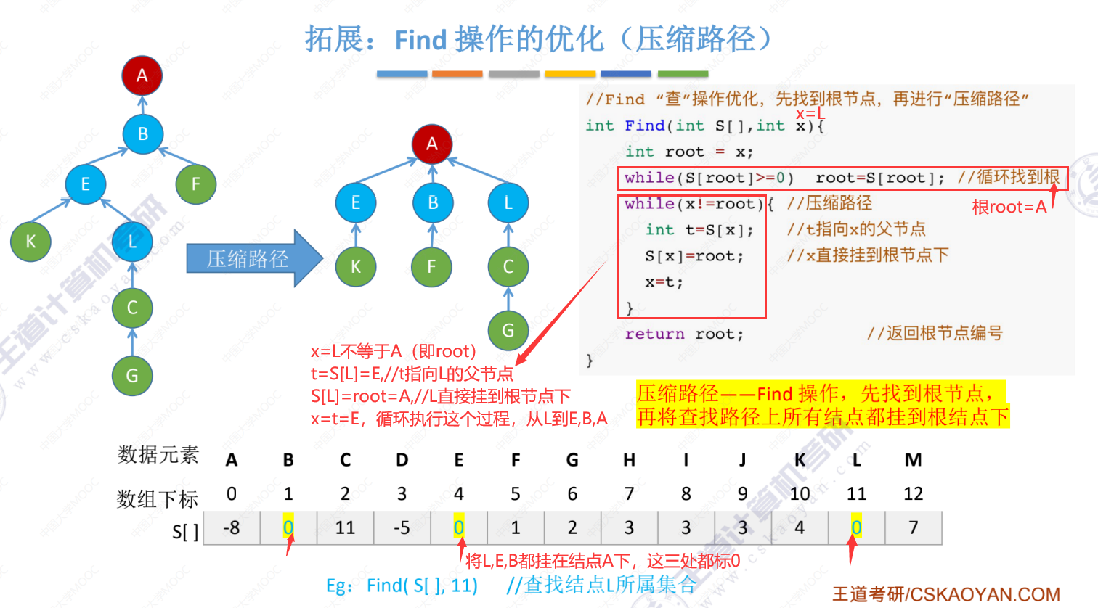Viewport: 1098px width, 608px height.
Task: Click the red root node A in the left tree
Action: coord(142,75)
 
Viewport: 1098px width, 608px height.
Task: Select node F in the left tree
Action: coord(196,184)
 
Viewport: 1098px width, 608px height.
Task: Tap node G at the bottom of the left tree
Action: coord(132,375)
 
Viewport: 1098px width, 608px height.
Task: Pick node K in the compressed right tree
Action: coord(356,266)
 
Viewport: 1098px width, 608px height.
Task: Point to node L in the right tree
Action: coord(508,203)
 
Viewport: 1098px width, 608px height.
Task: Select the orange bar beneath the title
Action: coord(457,74)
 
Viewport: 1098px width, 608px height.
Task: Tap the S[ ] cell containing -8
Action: coord(232,527)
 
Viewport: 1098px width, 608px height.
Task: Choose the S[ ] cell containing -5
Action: coord(402,527)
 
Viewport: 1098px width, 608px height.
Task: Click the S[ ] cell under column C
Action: coord(345,527)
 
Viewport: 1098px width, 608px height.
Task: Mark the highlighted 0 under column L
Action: coord(856,527)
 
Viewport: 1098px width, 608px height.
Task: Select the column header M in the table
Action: coord(913,460)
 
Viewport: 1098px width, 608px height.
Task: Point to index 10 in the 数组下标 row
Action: coord(800,494)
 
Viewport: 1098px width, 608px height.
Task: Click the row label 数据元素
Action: coord(158,455)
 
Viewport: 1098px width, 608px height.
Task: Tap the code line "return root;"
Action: coord(684,334)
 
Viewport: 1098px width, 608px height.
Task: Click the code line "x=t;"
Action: coord(664,282)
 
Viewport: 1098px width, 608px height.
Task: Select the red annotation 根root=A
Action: coord(1009,208)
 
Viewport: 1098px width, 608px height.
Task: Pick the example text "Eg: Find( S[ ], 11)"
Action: coord(402,586)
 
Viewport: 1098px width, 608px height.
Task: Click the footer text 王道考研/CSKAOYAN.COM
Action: coord(946,595)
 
